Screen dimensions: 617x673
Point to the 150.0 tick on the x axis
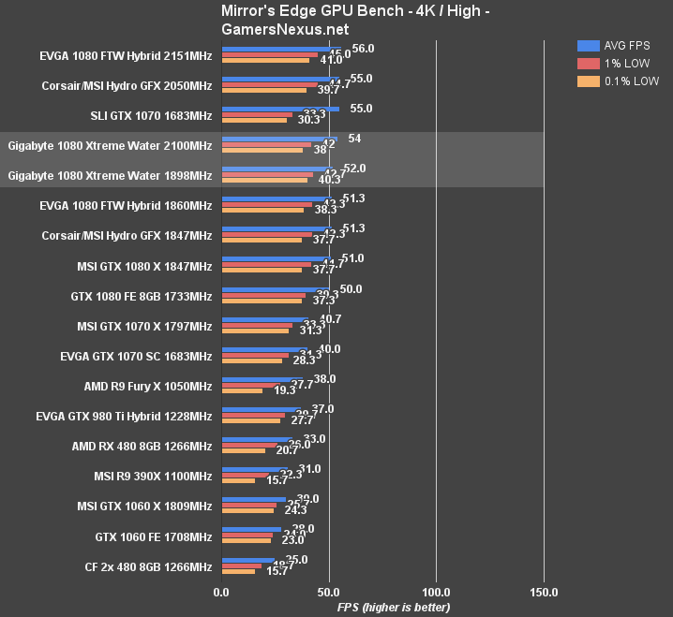[544, 592]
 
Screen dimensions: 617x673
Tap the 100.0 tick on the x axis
[436, 592]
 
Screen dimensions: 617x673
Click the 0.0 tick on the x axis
[221, 592]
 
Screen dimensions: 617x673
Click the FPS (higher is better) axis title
[394, 607]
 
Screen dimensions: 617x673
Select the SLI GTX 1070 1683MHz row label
[153, 115]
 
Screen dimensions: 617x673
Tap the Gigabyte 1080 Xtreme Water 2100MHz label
[110, 145]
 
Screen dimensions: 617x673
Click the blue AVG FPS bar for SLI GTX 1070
[280, 109]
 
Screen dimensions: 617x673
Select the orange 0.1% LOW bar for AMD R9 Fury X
[242, 390]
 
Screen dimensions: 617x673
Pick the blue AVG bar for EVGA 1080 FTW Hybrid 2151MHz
[281, 49]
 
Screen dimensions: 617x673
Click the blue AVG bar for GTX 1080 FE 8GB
[275, 289]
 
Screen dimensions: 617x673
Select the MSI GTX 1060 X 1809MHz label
[144, 506]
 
